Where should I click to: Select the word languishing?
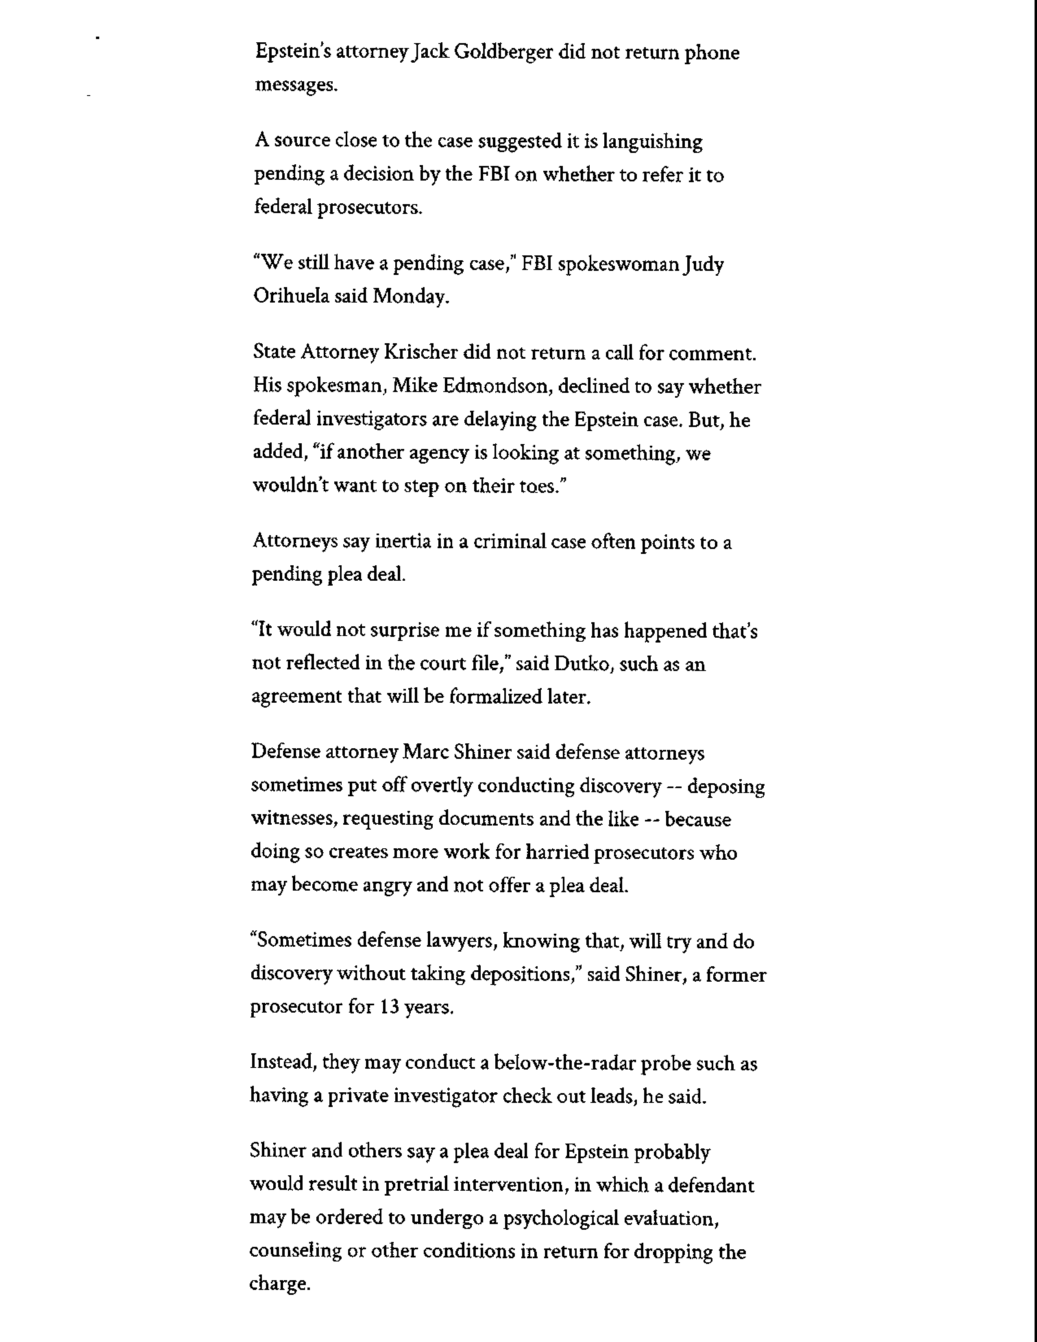point(652,142)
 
